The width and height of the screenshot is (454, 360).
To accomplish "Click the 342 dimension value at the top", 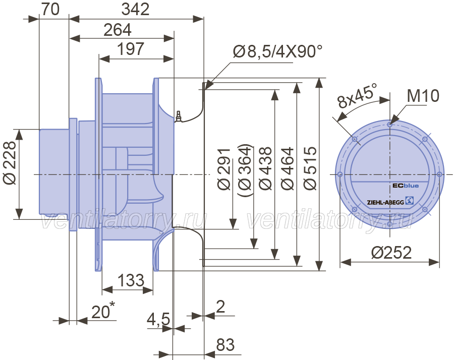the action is pos(135,9).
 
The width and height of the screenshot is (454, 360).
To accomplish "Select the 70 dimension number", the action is pos(50,9).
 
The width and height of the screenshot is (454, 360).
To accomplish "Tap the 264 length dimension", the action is pos(118,30).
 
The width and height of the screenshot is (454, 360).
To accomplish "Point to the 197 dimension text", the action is pos(131,49).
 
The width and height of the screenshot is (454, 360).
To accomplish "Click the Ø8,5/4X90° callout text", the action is pos(277,51).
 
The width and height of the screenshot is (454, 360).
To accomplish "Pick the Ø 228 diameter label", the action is pos(10,163).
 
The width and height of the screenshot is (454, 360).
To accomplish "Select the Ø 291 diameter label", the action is pos(224,169).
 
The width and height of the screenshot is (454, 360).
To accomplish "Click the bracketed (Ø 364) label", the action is pos(245,170).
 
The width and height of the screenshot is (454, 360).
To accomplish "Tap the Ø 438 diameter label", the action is pos(265,168).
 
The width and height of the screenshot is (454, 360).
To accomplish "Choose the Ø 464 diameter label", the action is pos(288,168).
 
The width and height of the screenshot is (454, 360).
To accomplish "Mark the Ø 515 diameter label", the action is pos(310,168).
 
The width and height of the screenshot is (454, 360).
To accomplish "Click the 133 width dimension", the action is pos(131,280).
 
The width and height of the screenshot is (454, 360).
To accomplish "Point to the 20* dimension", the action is pos(103,310).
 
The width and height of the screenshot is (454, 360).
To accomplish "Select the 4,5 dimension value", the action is pos(159,320).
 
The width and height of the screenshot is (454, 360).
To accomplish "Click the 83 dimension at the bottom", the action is pos(225,345).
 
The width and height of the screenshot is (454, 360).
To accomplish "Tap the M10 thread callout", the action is pos(423,96).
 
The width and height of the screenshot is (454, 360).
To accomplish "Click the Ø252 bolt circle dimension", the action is pos(391,253).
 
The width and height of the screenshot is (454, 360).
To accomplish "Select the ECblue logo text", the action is pos(406,186).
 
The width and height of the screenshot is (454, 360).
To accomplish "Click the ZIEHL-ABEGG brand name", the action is pos(385,202).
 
